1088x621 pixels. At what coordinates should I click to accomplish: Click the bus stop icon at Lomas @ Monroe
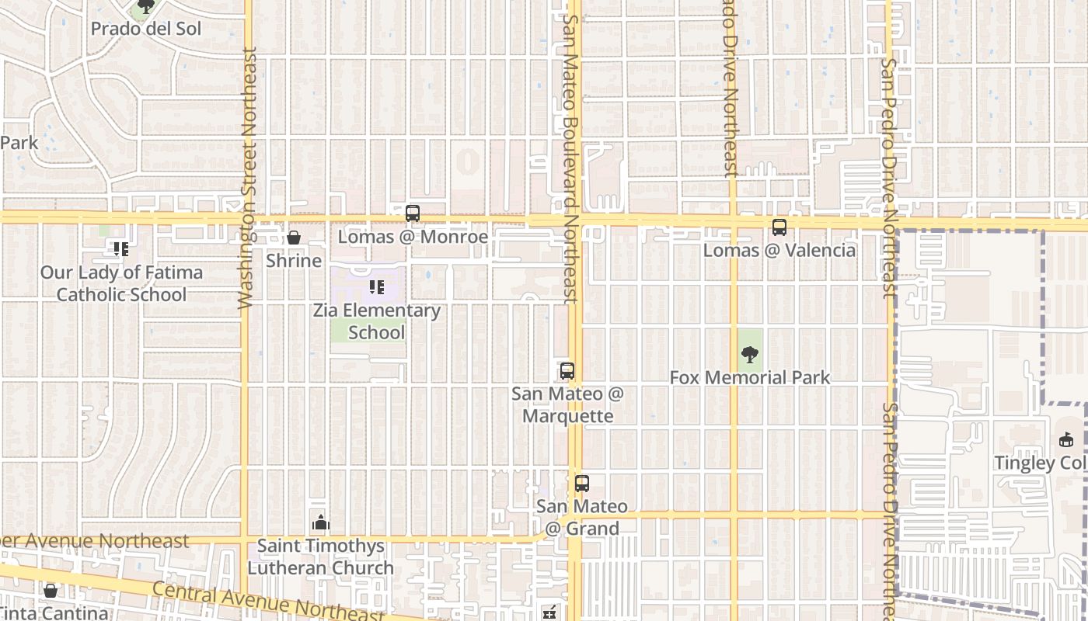point(413,213)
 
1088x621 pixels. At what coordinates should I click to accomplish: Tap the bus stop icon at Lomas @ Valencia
point(779,227)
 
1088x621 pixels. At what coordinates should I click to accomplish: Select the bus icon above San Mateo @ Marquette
point(567,370)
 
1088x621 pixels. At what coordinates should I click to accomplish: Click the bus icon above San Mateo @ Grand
point(582,483)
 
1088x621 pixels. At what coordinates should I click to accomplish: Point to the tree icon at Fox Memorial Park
point(750,355)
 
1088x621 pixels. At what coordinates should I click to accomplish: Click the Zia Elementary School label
point(377,321)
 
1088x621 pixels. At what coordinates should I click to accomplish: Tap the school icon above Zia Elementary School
point(377,287)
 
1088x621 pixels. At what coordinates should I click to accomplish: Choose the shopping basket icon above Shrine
point(294,238)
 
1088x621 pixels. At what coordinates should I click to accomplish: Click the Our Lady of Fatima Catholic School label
point(122,283)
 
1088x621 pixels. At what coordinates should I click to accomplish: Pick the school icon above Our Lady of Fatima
point(121,249)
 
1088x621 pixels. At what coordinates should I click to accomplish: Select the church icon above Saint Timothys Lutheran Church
point(321,523)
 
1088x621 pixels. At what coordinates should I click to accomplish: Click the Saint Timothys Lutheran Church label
point(321,557)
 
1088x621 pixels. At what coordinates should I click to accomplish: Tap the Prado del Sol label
point(146,29)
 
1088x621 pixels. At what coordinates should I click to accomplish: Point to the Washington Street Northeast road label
point(248,179)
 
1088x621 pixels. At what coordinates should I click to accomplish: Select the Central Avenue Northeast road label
point(268,602)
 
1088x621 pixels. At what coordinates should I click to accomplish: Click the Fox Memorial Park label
point(750,377)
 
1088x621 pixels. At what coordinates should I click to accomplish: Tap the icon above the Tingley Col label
point(1066,440)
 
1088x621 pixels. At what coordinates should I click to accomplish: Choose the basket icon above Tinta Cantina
point(51,591)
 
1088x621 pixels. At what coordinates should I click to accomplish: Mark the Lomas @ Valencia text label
point(779,250)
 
